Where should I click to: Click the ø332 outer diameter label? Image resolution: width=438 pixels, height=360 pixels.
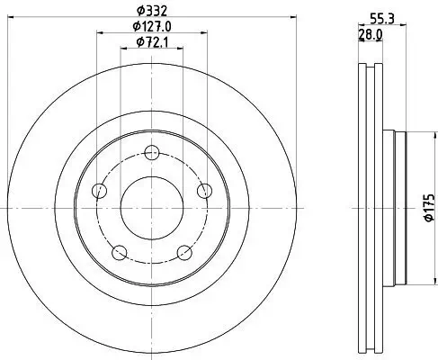tap(153, 11)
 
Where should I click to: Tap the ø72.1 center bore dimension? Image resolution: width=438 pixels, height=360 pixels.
tap(153, 42)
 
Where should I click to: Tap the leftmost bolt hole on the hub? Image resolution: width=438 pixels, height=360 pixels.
tap(100, 190)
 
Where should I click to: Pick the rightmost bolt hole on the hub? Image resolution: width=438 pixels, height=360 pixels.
tap(206, 189)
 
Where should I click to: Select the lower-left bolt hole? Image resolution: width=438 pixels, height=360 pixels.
tap(120, 251)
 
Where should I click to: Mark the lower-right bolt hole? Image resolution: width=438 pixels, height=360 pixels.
tap(185, 251)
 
